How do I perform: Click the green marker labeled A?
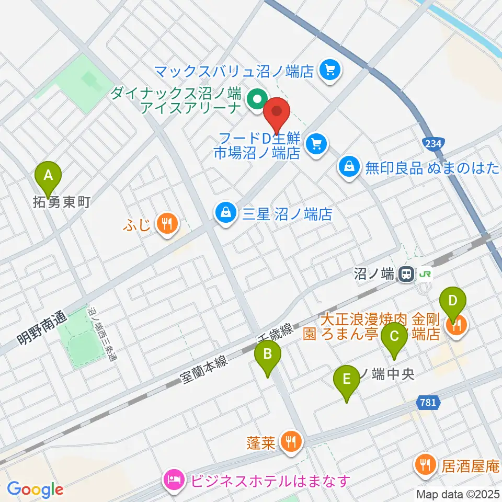click(48, 175)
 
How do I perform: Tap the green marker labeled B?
click(267, 355)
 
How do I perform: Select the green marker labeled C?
click(394, 333)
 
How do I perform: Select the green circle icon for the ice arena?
click(257, 98)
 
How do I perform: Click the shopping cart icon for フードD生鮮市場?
click(316, 142)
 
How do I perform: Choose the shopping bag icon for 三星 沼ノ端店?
click(225, 213)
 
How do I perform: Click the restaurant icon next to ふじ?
click(167, 225)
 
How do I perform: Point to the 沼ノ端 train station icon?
click(405, 274)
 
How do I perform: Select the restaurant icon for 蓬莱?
click(290, 442)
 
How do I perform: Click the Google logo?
click(35, 489)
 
